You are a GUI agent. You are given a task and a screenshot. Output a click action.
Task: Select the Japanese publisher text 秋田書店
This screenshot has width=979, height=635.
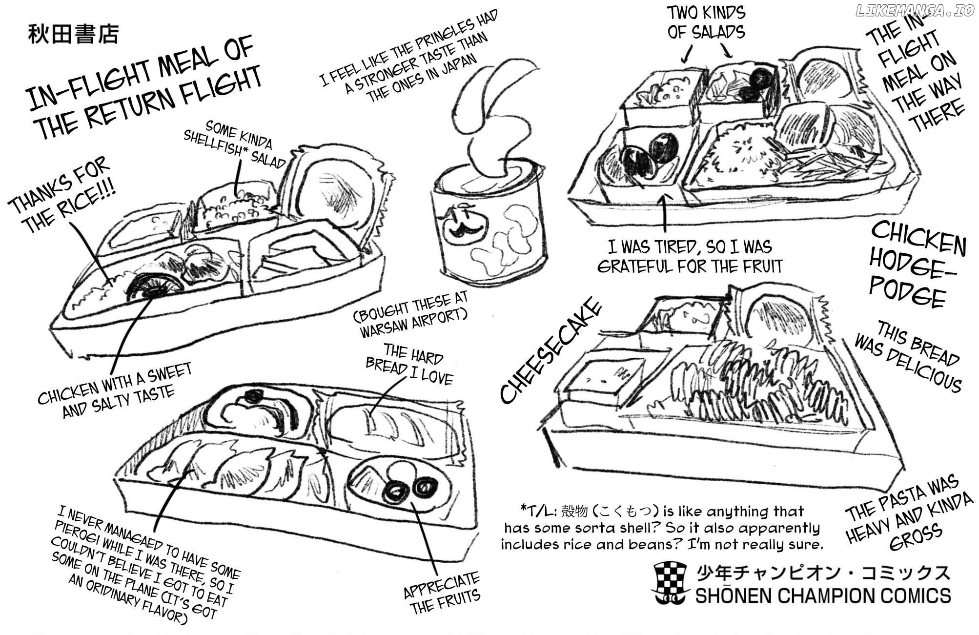(73, 35)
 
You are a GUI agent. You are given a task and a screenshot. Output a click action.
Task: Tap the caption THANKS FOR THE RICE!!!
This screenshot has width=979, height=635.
(64, 196)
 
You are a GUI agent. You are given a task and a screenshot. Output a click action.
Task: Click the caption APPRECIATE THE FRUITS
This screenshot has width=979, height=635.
(442, 593)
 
